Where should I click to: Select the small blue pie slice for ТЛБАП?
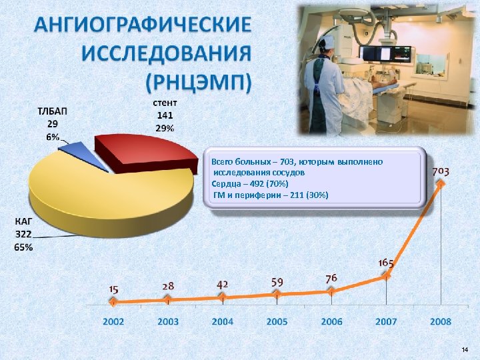72,147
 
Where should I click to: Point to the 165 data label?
386,263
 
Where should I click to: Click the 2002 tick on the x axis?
113,321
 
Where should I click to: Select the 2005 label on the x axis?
277,321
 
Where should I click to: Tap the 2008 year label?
441,321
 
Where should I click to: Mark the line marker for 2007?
386,276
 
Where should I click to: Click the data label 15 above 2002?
114,289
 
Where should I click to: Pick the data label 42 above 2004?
223,284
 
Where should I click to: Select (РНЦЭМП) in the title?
199,83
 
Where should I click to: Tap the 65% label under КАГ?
23,247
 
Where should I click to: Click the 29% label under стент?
165,128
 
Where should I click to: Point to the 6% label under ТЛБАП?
52,136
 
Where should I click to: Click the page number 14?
465,349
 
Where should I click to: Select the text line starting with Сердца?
250,183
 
